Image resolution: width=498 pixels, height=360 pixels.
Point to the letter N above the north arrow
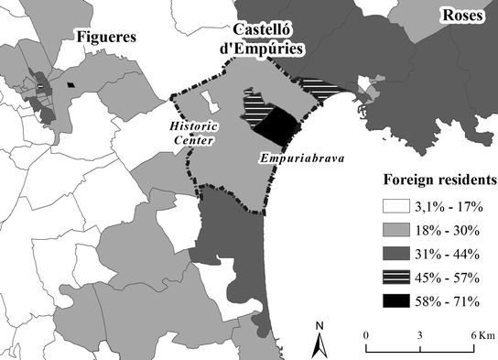[x=319, y=325]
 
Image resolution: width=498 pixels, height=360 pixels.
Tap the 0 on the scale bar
[x=365, y=335]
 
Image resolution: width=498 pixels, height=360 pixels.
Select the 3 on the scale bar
[x=419, y=335]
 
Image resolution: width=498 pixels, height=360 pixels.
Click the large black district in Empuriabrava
[x=278, y=125]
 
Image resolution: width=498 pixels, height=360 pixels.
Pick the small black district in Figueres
[x=71, y=86]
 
